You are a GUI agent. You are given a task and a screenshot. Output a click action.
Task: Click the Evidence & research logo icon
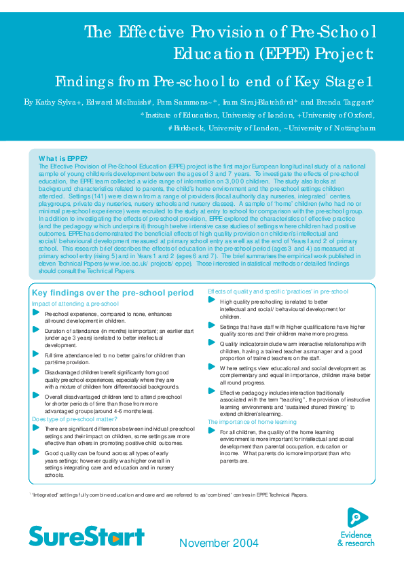point(358,518)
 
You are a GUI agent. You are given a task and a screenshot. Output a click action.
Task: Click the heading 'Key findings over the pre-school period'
point(112,293)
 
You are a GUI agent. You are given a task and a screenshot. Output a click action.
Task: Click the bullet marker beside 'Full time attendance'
point(37,355)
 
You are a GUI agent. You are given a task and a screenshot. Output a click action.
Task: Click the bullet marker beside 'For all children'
point(212,431)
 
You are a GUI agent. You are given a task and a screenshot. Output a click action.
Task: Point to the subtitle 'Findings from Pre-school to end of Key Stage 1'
point(214,82)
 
